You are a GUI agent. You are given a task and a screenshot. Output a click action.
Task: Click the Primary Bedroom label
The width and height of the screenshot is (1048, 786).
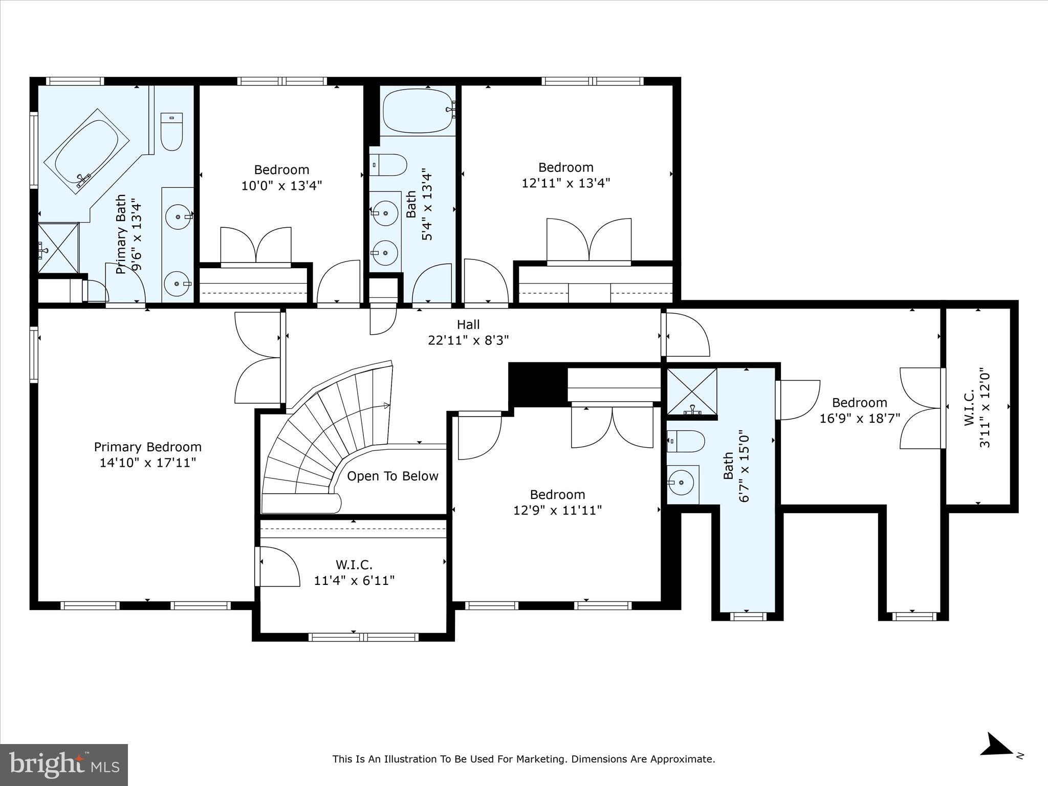(x=147, y=447)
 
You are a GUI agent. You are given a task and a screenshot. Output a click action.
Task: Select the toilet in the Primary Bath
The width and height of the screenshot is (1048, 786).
(x=172, y=132)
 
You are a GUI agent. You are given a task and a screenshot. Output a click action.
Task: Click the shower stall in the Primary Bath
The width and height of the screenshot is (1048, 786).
(x=58, y=248)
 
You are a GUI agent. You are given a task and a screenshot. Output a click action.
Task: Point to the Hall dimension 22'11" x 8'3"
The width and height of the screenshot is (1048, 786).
(x=468, y=340)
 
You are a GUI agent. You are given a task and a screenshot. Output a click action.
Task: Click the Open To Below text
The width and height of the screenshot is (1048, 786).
(x=392, y=476)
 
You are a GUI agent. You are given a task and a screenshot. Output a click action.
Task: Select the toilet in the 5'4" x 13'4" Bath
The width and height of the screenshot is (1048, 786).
(x=388, y=165)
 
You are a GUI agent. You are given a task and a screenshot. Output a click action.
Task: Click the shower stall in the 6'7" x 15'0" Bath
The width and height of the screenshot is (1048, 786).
(x=691, y=391)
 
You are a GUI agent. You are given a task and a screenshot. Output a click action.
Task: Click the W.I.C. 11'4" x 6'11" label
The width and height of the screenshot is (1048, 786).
(x=354, y=573)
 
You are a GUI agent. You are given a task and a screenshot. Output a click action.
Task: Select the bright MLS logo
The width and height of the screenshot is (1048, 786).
(x=64, y=765)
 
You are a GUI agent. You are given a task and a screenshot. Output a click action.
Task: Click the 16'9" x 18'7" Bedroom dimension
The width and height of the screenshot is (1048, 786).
(x=860, y=419)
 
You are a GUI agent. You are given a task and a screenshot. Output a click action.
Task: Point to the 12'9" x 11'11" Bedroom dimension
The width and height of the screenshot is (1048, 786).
(x=557, y=510)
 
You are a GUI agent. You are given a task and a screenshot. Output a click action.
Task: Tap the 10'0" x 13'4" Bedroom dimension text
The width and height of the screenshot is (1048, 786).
(x=281, y=185)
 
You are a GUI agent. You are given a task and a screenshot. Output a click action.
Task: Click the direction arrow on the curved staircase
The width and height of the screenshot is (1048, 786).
(x=386, y=406)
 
